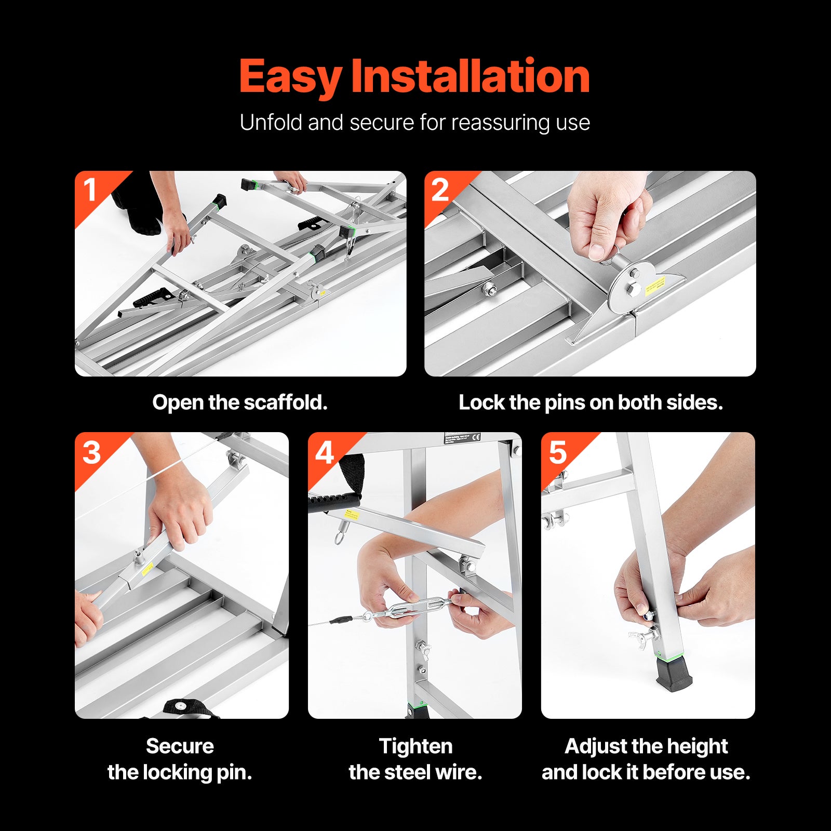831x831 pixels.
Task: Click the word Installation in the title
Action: tap(470, 76)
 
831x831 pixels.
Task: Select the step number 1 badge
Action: tap(90, 190)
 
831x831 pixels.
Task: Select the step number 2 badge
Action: tap(440, 190)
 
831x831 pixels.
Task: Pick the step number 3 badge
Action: tap(91, 452)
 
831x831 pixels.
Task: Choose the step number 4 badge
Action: tap(325, 452)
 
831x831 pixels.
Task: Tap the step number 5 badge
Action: tap(557, 452)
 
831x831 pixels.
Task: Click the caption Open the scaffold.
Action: tap(239, 403)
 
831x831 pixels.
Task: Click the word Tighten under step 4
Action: tap(415, 746)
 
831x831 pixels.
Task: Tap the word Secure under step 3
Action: tap(180, 746)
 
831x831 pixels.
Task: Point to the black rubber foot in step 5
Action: tap(674, 674)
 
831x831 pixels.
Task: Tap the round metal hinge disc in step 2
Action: tap(631, 289)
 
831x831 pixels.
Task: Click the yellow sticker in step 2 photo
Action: tap(655, 286)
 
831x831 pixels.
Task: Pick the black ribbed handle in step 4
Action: tap(333, 501)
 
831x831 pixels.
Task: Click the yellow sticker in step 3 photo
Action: tap(147, 568)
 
